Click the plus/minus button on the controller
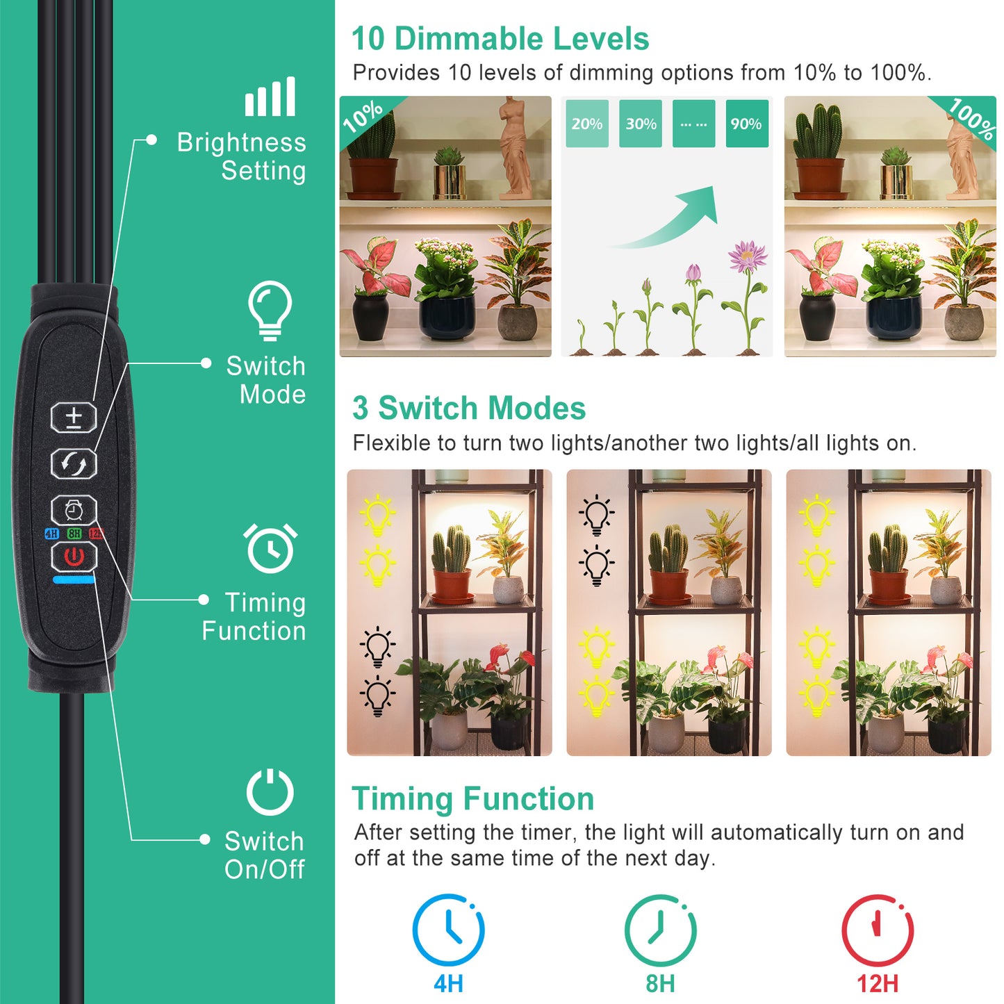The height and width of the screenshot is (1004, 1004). pyautogui.click(x=74, y=418)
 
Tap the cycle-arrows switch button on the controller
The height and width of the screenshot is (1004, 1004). pyautogui.click(x=74, y=463)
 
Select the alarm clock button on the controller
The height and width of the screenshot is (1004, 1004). pyautogui.click(x=74, y=511)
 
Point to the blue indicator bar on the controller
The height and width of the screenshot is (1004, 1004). pyautogui.click(x=74, y=579)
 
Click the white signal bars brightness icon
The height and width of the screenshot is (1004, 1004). pyautogui.click(x=270, y=97)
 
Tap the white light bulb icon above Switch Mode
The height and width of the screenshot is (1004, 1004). pyautogui.click(x=270, y=310)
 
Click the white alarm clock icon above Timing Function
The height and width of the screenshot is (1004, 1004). pyautogui.click(x=270, y=548)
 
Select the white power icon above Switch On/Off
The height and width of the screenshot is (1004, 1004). pyautogui.click(x=270, y=792)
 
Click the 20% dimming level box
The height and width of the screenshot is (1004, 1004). pyautogui.click(x=587, y=124)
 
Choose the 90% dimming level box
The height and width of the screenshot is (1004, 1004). pyautogui.click(x=747, y=124)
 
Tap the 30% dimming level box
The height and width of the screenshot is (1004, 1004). pyautogui.click(x=641, y=124)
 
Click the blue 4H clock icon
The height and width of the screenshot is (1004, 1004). pyautogui.click(x=448, y=930)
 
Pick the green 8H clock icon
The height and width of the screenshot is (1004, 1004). pyautogui.click(x=660, y=930)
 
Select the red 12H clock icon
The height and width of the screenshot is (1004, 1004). pyautogui.click(x=878, y=930)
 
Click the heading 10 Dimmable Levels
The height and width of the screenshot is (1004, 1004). pyautogui.click(x=500, y=39)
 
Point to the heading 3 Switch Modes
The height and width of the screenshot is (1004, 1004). pyautogui.click(x=469, y=408)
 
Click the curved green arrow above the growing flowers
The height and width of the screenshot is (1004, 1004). pyautogui.click(x=674, y=219)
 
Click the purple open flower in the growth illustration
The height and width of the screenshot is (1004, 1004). pyautogui.click(x=747, y=255)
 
